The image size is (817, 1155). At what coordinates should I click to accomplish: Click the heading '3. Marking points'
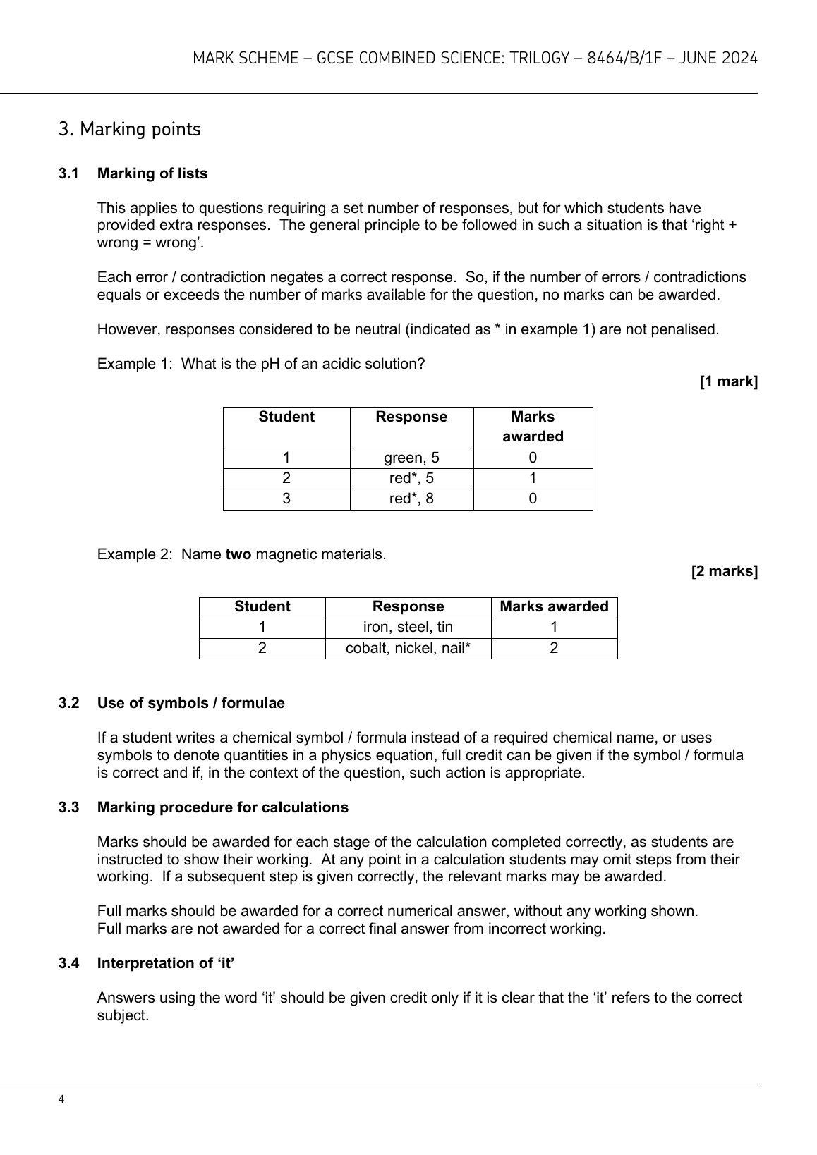click(130, 130)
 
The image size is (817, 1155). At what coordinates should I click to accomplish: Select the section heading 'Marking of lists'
click(152, 173)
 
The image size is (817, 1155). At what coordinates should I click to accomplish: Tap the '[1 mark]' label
click(728, 381)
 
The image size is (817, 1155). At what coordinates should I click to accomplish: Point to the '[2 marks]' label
click(724, 571)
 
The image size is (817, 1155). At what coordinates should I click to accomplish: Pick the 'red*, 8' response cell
click(411, 499)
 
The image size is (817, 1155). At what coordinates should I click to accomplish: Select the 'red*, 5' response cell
click(411, 478)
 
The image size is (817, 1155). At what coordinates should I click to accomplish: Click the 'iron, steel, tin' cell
click(408, 628)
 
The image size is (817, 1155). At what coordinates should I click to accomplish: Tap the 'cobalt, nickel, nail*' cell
click(408, 648)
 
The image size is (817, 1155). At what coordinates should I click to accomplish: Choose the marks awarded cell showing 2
click(554, 648)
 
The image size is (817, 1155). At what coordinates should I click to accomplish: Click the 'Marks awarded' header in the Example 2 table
click(554, 607)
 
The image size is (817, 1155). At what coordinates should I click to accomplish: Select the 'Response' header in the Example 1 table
click(411, 417)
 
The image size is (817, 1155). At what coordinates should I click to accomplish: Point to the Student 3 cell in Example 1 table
click(286, 499)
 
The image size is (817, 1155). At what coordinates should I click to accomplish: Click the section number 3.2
click(68, 703)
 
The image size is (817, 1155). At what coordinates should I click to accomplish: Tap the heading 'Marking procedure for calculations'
click(223, 807)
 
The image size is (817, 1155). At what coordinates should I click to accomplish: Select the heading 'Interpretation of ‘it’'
click(166, 963)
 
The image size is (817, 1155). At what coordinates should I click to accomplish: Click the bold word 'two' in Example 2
click(238, 554)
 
